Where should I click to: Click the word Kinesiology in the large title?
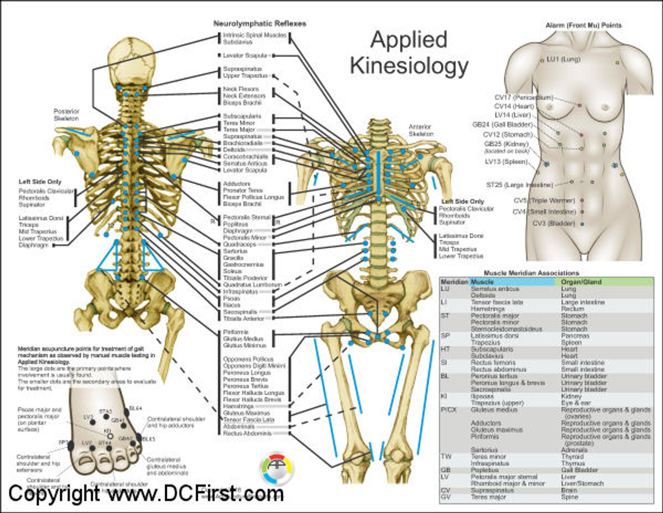(x=409, y=66)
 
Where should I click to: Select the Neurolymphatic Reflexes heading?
(x=260, y=23)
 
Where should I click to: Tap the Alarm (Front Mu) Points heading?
(x=583, y=25)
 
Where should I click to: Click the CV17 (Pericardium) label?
(x=523, y=97)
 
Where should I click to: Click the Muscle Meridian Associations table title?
(x=531, y=273)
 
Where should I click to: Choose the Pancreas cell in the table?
(x=575, y=336)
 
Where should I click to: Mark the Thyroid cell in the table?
(x=572, y=457)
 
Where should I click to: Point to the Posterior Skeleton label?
(x=66, y=115)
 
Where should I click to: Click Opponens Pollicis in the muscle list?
(x=248, y=359)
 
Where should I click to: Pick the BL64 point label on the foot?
(x=135, y=408)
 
